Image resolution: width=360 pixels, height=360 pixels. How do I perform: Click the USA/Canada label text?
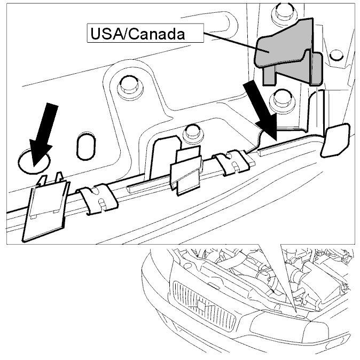coord(137,34)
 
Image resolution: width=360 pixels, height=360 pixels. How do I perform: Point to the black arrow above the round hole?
coord(43,135)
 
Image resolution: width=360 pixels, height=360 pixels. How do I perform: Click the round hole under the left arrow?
coord(34,161)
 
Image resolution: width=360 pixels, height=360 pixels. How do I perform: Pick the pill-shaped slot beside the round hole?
coord(85,146)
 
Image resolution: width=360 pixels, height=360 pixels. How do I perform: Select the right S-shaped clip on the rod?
coord(233,162)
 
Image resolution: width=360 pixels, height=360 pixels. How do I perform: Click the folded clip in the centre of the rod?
coord(186,170)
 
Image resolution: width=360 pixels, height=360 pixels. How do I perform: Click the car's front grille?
coord(205,306)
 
